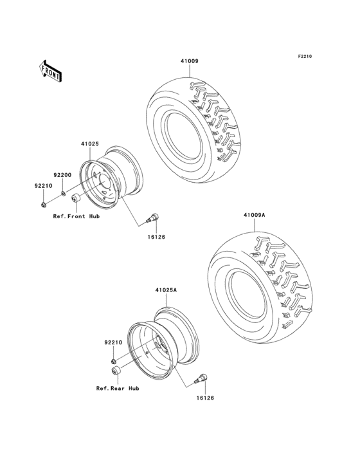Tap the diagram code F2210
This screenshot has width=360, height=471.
[x=304, y=57]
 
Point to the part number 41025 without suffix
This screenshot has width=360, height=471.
[x=89, y=144]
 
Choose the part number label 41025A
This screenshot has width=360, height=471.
[x=166, y=290]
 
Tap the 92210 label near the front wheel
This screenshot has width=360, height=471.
[x=42, y=185]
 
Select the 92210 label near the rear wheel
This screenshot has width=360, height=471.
[x=113, y=343]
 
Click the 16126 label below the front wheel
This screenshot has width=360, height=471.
[x=156, y=237]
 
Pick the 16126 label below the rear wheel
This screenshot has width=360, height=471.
[x=204, y=398]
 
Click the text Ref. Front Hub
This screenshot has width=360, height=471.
[x=76, y=216]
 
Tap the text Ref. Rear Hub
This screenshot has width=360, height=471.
[x=118, y=388]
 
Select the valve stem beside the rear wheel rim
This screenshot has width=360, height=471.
[x=201, y=378]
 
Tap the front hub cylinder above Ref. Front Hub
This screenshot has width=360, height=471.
[x=75, y=198]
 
